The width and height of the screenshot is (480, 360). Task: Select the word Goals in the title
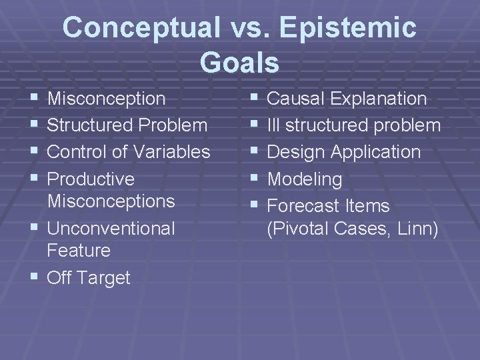(x=239, y=63)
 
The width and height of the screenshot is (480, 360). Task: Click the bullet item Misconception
(x=107, y=99)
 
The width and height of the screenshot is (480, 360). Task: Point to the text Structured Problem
(x=127, y=125)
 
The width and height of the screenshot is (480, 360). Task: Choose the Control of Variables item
(x=129, y=152)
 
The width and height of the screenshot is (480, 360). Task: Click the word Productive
(x=91, y=179)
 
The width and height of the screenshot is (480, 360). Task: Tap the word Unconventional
(x=111, y=229)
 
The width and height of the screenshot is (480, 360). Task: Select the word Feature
(x=79, y=251)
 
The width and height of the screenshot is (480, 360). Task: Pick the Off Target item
(x=89, y=278)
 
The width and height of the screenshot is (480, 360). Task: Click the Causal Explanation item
(x=347, y=99)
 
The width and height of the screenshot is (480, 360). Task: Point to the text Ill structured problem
(x=353, y=125)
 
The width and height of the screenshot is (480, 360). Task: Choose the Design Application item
(x=343, y=152)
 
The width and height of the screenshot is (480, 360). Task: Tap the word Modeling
(x=304, y=179)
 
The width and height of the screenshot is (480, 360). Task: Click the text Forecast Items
(x=328, y=206)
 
